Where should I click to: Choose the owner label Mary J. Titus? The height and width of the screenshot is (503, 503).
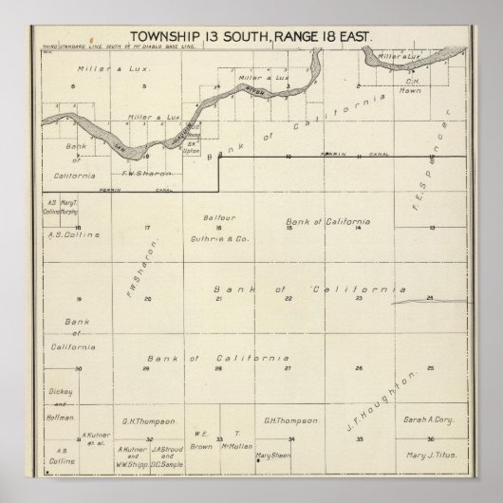tap(432, 455)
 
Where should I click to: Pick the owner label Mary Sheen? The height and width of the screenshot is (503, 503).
tap(272, 455)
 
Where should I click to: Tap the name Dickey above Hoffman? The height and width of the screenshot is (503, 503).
tap(58, 390)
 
